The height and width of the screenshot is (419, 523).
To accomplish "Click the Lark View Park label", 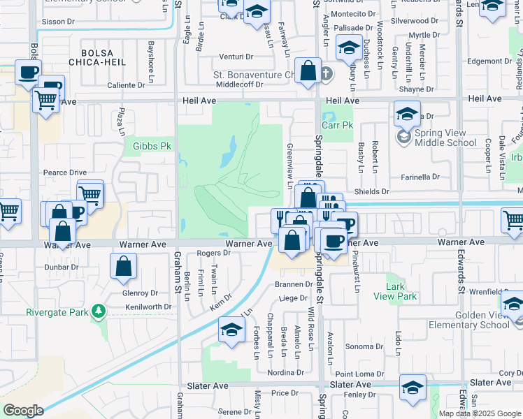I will pyautogui.click(x=401, y=292).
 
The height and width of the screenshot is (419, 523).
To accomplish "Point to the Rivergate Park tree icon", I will pyautogui.click(x=99, y=311).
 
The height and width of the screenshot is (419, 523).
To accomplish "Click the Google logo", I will pyautogui.click(x=22, y=411).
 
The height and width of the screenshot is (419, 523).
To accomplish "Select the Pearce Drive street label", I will pyautogui.click(x=64, y=172).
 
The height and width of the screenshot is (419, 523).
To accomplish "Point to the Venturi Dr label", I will pyautogui.click(x=234, y=57).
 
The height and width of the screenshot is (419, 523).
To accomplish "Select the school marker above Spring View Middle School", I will pyautogui.click(x=406, y=113).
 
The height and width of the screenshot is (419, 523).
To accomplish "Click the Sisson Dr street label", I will pyautogui.click(x=58, y=22).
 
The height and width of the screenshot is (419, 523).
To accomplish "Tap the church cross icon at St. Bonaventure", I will pyautogui.click(x=327, y=73).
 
